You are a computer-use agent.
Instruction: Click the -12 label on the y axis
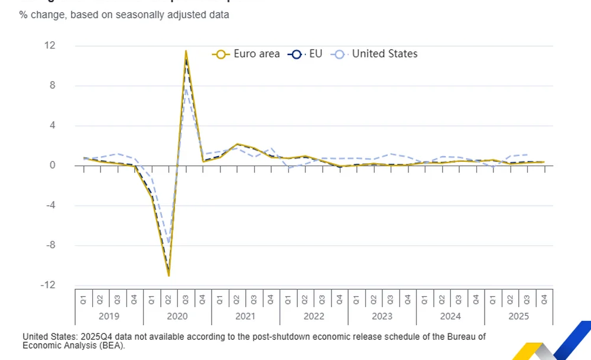(48, 285)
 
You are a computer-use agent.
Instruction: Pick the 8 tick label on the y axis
(53, 85)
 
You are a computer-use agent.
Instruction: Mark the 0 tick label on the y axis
(53, 166)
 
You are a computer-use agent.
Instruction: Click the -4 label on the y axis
(50, 205)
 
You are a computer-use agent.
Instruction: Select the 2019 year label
(109, 316)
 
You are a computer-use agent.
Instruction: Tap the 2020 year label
(177, 316)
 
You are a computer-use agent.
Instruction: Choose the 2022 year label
(314, 316)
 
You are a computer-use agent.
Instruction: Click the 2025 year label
(519, 316)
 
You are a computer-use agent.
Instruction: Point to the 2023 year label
(382, 316)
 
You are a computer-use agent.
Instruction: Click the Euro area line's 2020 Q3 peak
(186, 51)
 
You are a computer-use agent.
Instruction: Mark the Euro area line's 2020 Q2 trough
(169, 275)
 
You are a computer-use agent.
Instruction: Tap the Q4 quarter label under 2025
(544, 299)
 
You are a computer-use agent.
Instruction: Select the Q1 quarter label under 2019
(83, 299)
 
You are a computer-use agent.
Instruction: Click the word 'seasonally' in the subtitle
(142, 15)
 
